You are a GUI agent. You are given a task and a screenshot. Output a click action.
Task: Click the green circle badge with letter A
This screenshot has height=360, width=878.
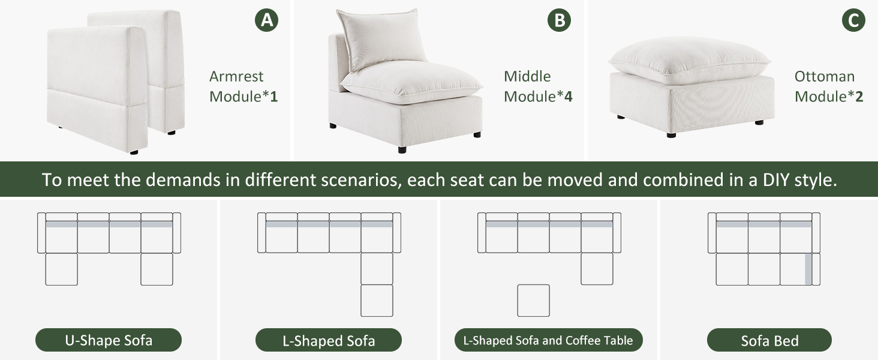coord(266,20)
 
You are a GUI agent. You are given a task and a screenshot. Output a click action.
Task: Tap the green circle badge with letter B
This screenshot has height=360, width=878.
coord(559,20)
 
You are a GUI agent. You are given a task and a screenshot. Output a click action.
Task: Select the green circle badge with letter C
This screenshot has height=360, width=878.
coord(853,20)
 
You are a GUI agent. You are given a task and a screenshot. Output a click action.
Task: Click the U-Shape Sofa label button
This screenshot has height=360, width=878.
coord(109,340)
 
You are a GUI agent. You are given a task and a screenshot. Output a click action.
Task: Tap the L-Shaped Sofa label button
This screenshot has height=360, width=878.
coord(329,340)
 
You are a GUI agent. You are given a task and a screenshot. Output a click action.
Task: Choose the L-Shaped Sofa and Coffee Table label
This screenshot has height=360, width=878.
coord(548,340)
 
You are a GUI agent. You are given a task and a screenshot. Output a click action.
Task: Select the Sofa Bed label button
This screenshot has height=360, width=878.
coord(769,340)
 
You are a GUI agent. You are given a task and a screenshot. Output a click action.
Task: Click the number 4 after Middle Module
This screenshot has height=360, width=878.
coord(568,97)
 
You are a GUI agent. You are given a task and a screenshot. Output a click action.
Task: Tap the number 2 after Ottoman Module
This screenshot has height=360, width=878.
coord(859,97)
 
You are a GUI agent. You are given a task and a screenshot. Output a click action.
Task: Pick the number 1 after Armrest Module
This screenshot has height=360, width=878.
coord(274,97)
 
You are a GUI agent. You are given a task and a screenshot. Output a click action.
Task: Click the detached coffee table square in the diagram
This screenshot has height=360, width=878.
coord(534,301)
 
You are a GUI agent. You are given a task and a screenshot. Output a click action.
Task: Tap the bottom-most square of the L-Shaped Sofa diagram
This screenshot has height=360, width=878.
coord(377,301)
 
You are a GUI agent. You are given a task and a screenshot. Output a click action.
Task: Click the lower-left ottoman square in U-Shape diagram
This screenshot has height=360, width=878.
coord(62,269)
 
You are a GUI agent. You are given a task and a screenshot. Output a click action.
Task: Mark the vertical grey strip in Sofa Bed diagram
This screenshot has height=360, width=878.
coord(808,269)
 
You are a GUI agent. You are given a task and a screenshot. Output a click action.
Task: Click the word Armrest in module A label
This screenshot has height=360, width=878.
coord(236,76)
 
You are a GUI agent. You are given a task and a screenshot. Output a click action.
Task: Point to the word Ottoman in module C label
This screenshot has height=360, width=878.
coord(824,76)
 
